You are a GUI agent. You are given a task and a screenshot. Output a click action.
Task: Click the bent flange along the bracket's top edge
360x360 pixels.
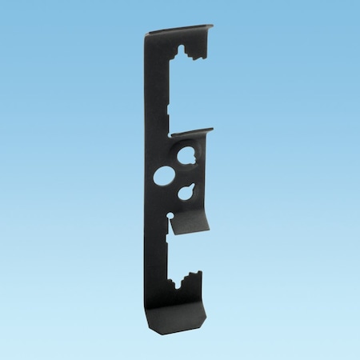(180, 31)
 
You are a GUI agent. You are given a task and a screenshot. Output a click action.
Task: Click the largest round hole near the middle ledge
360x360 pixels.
(188, 155)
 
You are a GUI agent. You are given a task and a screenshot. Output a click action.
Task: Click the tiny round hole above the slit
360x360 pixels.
(170, 215)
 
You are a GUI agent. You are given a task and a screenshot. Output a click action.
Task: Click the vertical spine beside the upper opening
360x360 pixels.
(158, 88)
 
